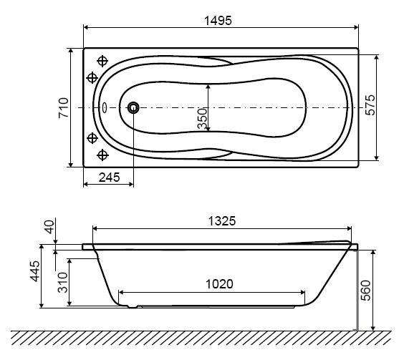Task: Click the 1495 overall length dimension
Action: pos(218,20)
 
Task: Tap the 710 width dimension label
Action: pos(63,107)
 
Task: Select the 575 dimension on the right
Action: pos(370,105)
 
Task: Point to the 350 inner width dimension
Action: pos(202,119)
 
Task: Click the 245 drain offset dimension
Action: pos(110,177)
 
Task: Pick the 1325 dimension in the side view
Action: pos(222,221)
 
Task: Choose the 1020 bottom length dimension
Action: pos(219,284)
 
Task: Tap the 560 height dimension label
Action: pos(365,290)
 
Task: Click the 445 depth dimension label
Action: pos(35,271)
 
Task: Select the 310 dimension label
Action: pos(62,282)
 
